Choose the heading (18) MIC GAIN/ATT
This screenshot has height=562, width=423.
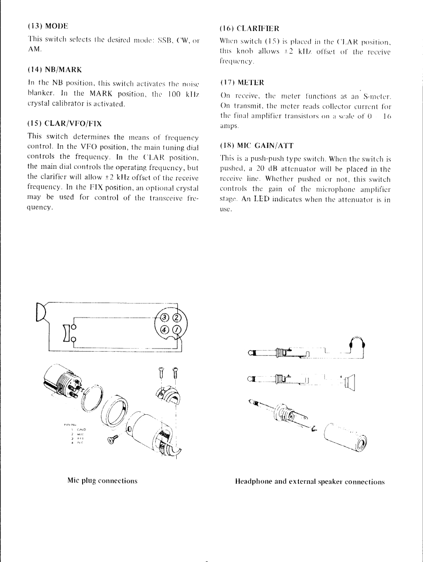tap(252, 146)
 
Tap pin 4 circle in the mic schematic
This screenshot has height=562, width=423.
tap(164, 330)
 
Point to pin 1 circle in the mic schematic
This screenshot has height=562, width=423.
tap(176, 330)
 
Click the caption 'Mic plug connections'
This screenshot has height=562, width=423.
tap(102, 481)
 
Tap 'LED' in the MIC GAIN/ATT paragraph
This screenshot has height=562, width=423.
tap(261, 200)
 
